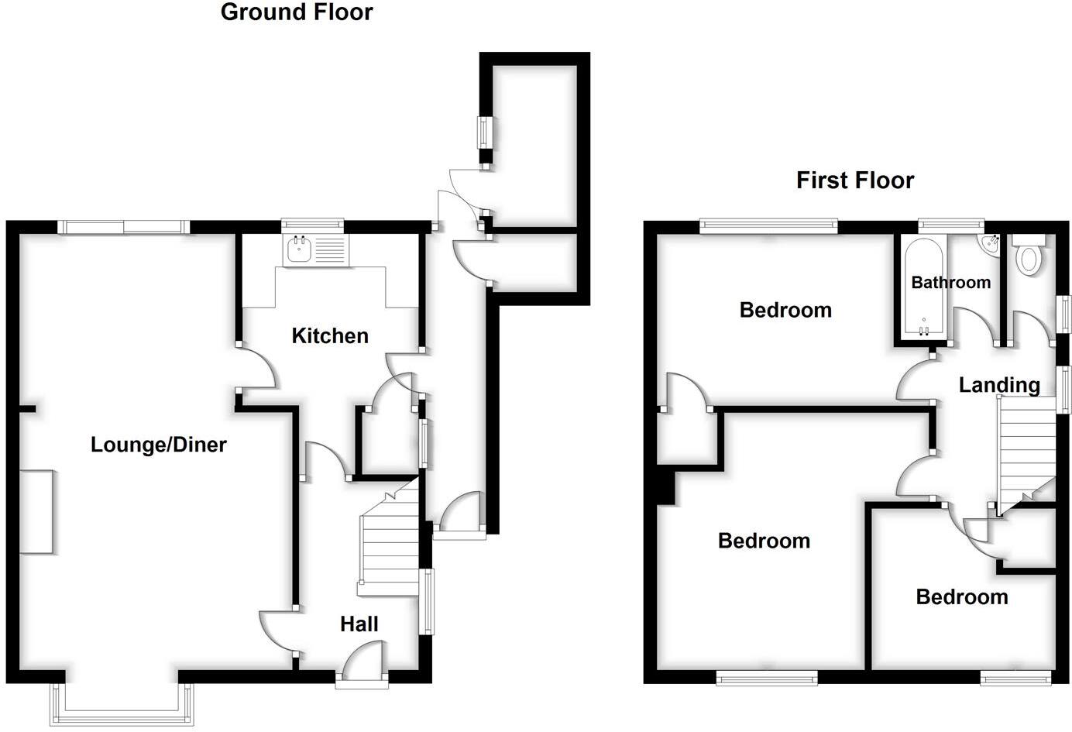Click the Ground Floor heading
296,12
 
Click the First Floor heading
854,180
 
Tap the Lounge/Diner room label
158,445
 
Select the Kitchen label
329,335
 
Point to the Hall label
359,624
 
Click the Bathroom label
950,282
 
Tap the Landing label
998,384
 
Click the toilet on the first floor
1029,257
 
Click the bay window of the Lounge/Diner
122,705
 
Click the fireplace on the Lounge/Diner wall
36,511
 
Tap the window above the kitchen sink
312,223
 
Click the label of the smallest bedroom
961,596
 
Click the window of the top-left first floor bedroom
768,225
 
